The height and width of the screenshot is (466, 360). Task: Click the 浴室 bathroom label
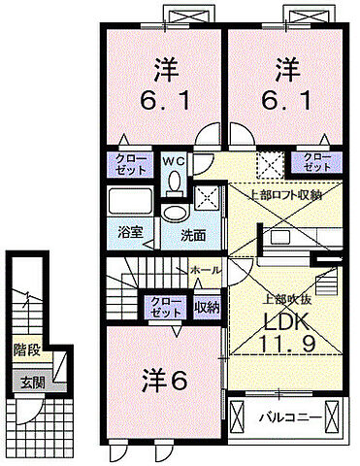tap(130, 234)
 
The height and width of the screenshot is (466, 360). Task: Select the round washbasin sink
tap(174, 213)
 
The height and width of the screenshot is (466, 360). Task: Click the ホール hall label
tap(204, 267)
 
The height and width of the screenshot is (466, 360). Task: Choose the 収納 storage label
tap(206, 308)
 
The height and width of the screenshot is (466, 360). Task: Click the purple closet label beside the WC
tap(126, 161)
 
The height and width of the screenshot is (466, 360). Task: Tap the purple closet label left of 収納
tap(165, 308)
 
